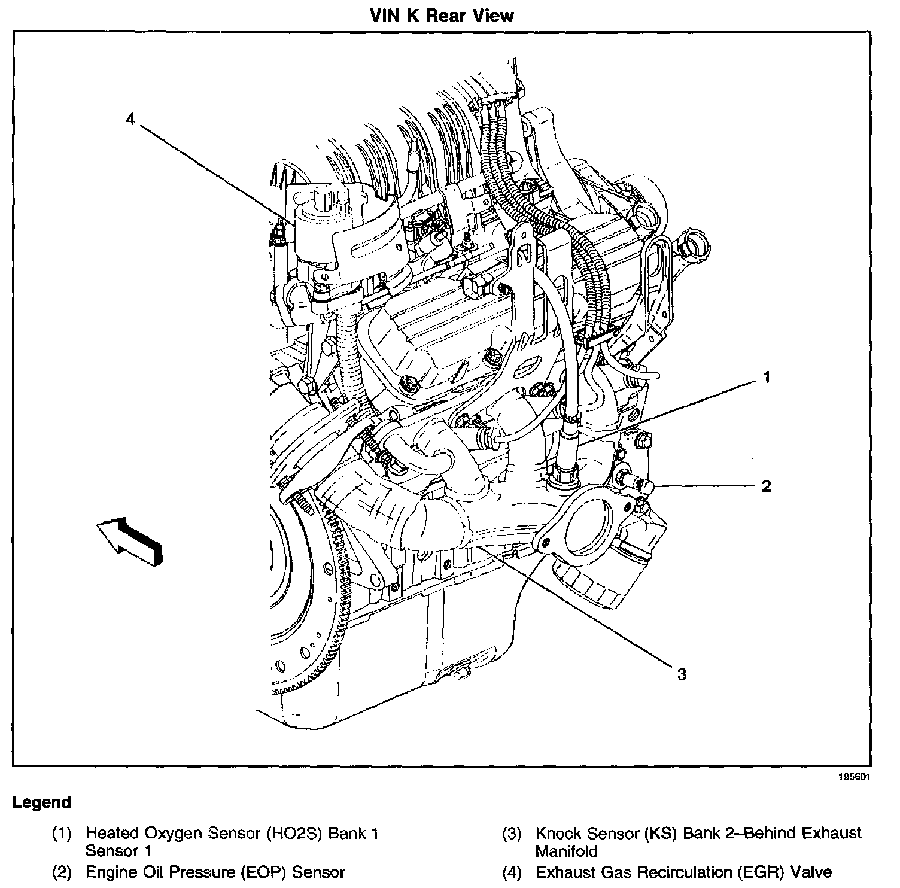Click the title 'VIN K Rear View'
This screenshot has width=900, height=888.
442,15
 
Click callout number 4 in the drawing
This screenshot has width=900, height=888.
130,118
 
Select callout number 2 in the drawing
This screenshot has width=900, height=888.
766,485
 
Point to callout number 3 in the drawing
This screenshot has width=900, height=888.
682,674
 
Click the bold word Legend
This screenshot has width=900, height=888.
42,802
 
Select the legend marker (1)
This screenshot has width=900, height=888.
62,833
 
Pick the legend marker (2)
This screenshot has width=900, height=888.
62,872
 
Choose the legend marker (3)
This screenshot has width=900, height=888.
512,833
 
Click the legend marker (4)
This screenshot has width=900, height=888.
512,872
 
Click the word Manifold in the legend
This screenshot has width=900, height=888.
566,850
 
